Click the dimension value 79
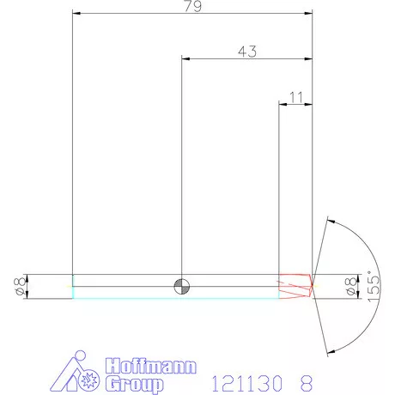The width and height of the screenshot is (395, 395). tap(193, 6)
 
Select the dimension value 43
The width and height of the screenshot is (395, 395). tap(247, 52)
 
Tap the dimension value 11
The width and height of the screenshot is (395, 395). tap(296, 97)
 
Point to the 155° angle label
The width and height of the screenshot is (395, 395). tap(374, 286)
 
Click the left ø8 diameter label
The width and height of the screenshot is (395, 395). tap(20, 286)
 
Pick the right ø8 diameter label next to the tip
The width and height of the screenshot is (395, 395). tap(351, 286)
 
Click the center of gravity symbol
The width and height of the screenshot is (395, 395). tap(182, 286)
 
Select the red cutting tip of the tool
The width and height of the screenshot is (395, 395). tap(295, 286)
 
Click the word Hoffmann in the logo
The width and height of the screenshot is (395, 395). tap(151, 366)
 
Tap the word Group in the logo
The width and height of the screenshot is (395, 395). tap(134, 384)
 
